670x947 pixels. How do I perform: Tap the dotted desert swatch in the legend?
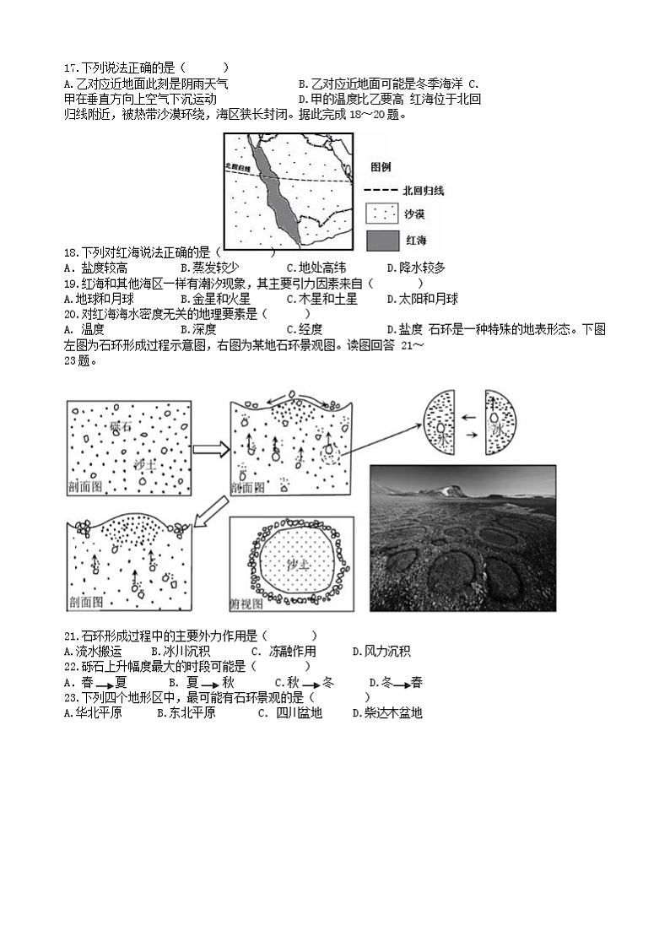(381, 214)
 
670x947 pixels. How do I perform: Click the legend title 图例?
(381, 167)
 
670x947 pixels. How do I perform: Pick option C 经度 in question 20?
(305, 329)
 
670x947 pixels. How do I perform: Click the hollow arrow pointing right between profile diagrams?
(211, 448)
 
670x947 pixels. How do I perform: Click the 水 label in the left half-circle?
(443, 432)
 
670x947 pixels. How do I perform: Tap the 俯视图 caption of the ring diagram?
(246, 604)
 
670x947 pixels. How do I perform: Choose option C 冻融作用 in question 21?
(292, 651)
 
